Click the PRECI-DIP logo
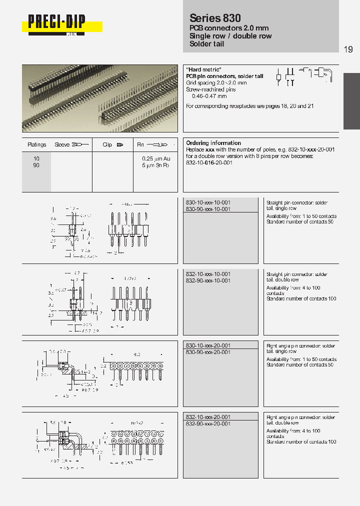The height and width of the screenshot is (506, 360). coord(56,22)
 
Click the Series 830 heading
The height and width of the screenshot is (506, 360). coord(215,17)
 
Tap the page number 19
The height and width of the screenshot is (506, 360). coord(348,49)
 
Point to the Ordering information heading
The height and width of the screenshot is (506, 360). coord(213,143)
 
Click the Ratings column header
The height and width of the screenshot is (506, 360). coord(37,145)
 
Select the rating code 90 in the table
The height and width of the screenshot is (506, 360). coord(36,164)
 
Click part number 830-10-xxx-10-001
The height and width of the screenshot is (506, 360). coord(208,202)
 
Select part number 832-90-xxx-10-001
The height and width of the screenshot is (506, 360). coord(208,281)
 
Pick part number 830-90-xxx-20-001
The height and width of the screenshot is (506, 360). coord(208,352)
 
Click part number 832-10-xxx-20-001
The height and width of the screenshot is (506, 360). coord(208,417)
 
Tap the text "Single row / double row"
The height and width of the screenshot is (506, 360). coord(230,36)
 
